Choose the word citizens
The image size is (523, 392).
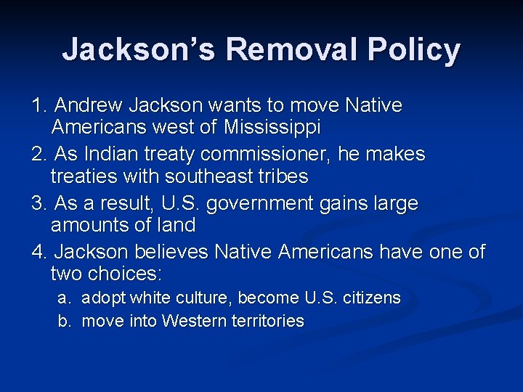pyautogui.click(x=373, y=298)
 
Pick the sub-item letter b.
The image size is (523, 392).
pyautogui.click(x=64, y=321)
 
